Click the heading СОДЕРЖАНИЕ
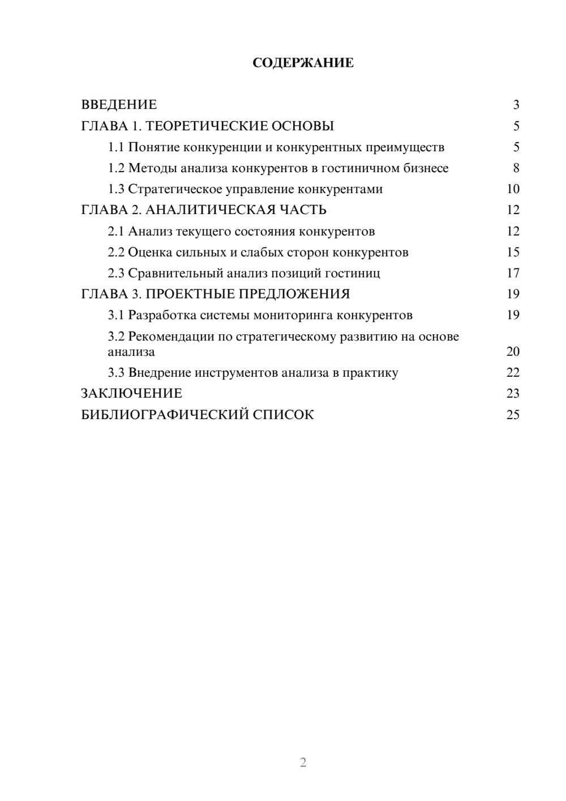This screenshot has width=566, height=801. tap(303, 63)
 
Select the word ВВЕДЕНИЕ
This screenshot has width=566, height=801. tap(119, 105)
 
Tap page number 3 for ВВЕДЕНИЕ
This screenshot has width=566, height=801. tap(516, 105)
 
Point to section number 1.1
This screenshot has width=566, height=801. tap(116, 147)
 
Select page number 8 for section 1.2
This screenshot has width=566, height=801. tap(516, 168)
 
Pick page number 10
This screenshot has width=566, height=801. tap(513, 189)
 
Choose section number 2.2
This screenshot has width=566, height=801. tap(116, 252)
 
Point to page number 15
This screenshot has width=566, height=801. tap(513, 252)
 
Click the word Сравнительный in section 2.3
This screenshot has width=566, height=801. tap(175, 273)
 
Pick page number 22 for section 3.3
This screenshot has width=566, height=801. tap(513, 373)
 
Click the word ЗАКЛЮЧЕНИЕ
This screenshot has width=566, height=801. tap(132, 393)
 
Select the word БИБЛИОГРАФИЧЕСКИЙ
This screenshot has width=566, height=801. tap(165, 415)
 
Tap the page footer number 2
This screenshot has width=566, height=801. tap(303, 762)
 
